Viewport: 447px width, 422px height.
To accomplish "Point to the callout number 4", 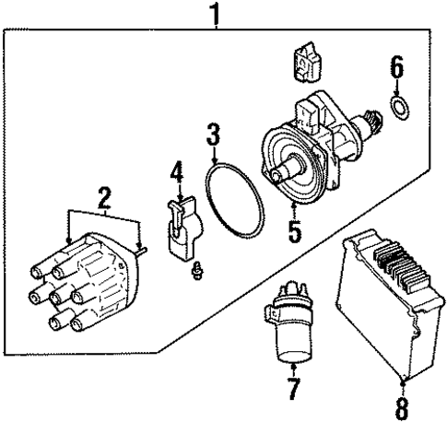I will point(178,171).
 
